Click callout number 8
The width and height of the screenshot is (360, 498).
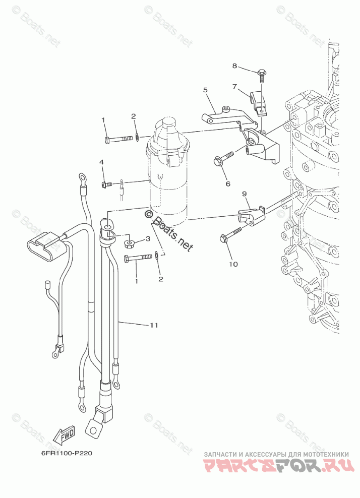coord(234,66)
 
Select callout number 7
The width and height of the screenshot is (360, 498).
coord(234,86)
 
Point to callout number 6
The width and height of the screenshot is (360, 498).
coord(227,184)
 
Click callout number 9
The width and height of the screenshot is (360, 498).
coord(244,194)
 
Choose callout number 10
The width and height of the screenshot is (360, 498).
coord(233,263)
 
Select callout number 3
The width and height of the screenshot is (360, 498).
coord(148,238)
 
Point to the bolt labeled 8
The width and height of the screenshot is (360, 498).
coord(263,75)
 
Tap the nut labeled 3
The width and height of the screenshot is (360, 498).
coord(130,244)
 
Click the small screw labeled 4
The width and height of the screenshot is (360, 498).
coord(106,184)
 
